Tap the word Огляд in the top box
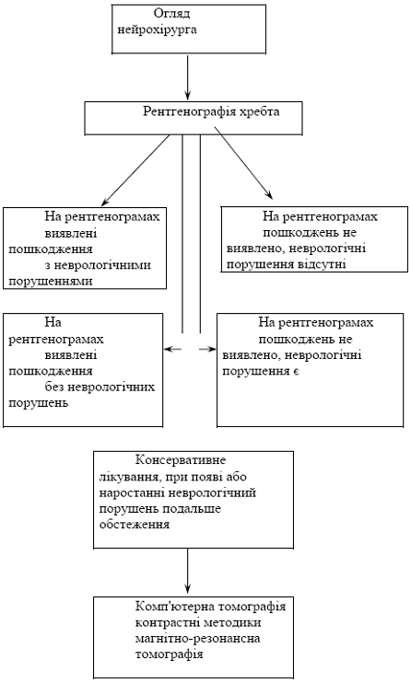tap(172, 14)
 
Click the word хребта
tap(259, 112)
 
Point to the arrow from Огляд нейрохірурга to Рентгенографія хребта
tap(188, 78)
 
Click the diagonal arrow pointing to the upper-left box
tap(135, 170)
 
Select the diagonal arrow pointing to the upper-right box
tap(243, 163)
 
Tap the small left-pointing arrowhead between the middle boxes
tap(172, 349)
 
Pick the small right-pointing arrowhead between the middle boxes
tap(207, 349)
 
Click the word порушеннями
tap(51, 282)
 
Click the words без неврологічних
tap(100, 387)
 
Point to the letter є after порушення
tap(296, 372)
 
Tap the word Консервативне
tap(181, 460)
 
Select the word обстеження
tap(135, 525)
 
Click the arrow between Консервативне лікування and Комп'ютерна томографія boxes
tap(188, 572)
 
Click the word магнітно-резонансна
tap(197, 639)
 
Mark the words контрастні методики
tap(198, 623)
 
